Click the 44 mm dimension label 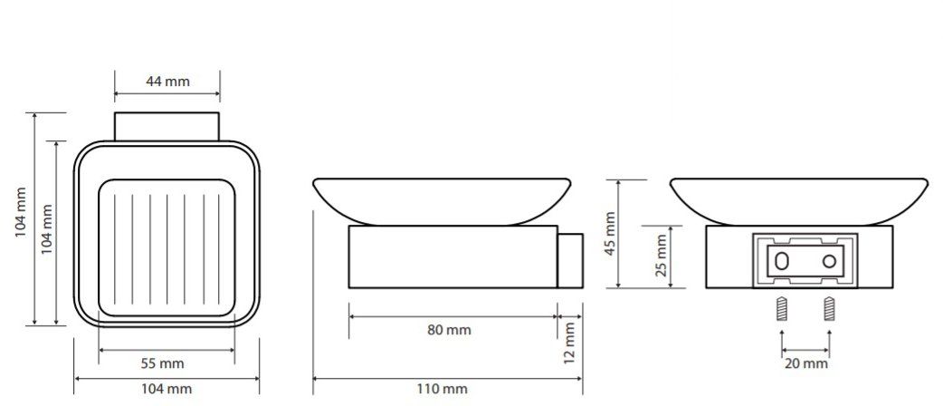coord(167,82)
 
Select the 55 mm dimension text coord(162,363)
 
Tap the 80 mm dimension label coord(449,330)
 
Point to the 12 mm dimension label coord(570,343)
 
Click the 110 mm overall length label coord(442,389)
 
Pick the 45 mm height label coord(611,234)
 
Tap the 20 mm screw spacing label coord(805,363)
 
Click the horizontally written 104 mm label coord(167,389)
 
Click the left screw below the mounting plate coord(782,309)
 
